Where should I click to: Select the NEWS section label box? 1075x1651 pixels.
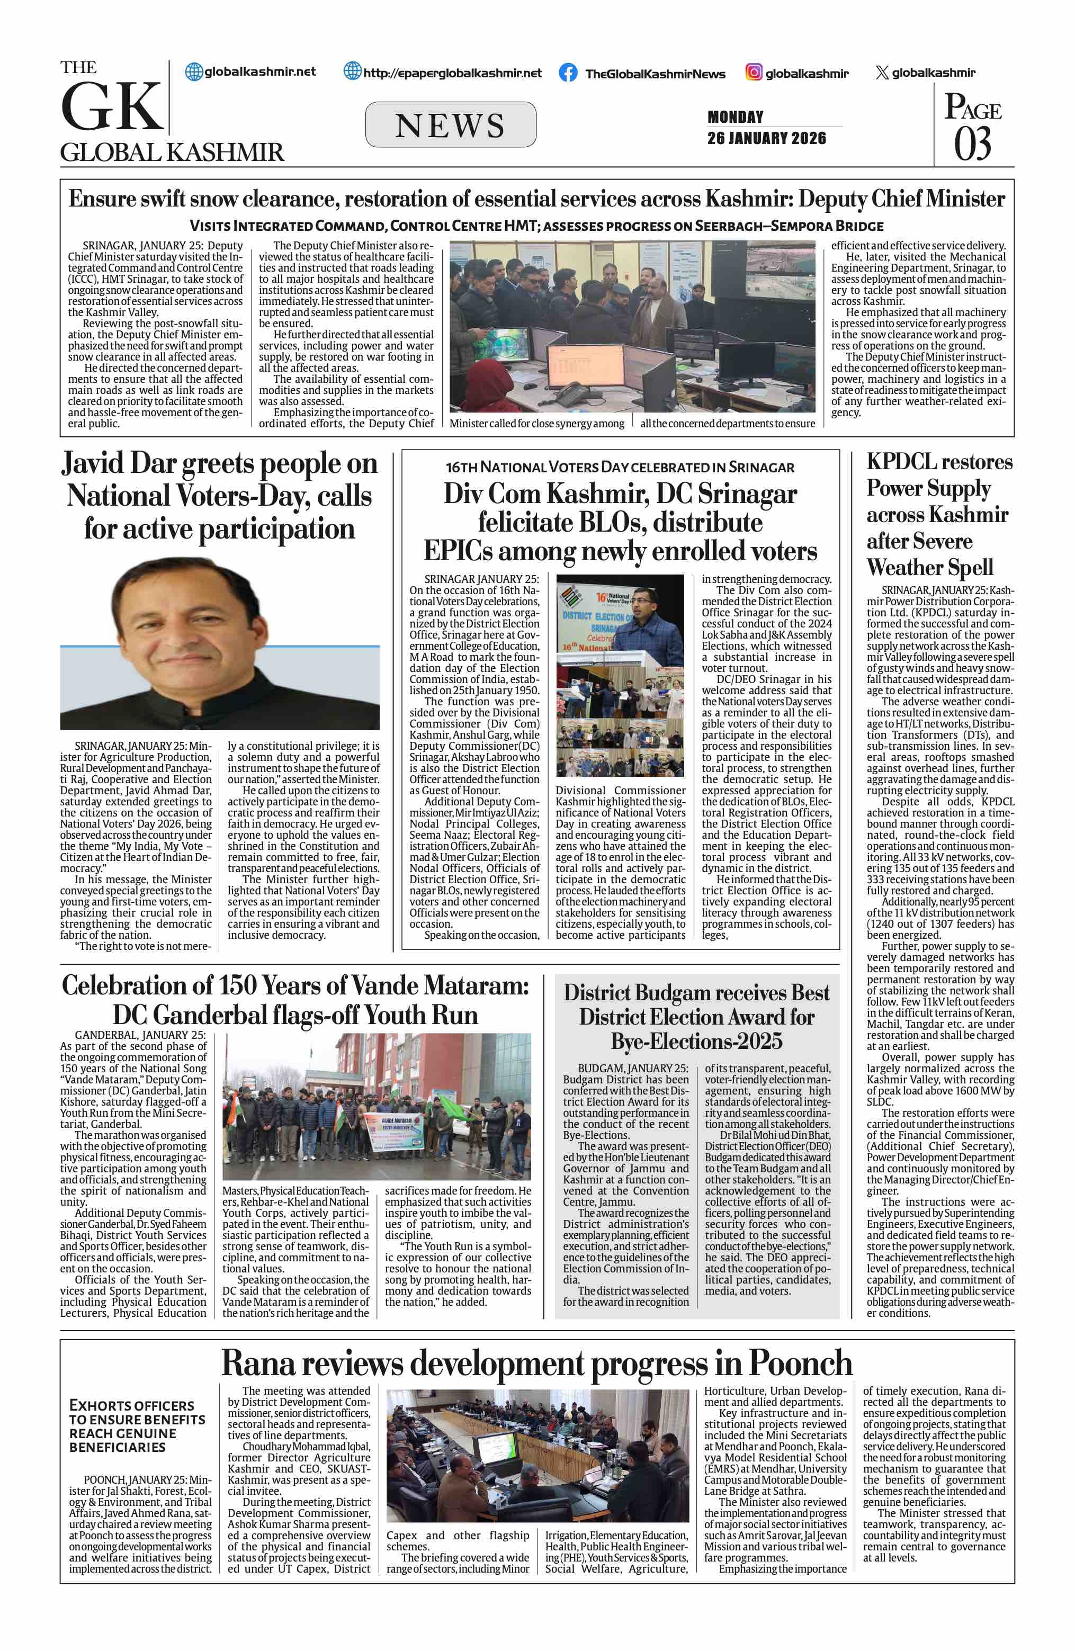[x=450, y=125]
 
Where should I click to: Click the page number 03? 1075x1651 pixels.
[x=972, y=144]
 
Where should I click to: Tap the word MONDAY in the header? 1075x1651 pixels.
[x=735, y=116]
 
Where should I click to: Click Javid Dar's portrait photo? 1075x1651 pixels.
[x=219, y=642]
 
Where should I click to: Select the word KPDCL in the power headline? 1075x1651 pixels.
[x=897, y=462]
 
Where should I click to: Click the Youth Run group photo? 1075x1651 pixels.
[x=377, y=1106]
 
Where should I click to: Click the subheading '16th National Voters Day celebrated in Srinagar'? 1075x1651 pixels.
[x=620, y=468]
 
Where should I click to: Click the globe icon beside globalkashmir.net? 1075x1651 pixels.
[x=194, y=71]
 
